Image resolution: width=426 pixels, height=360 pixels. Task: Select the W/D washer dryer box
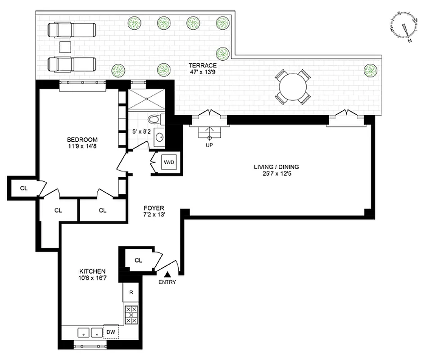pos(169,162)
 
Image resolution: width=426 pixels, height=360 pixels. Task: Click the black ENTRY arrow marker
pos(167,274)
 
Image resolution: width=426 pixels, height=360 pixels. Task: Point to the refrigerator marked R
pos(131,292)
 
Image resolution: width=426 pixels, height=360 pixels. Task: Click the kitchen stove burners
pos(131,315)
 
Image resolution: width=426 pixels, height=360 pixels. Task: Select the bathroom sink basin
pos(159,137)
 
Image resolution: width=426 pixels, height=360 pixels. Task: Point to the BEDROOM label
pos(82,139)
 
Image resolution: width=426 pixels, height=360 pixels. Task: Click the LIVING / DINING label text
pos(276,167)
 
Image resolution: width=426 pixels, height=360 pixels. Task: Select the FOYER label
pos(154,208)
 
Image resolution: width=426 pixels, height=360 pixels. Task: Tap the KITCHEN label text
pos(92,271)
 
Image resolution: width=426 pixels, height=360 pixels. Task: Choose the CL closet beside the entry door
pos(138,260)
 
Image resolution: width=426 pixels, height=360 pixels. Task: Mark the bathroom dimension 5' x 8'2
pos(140,132)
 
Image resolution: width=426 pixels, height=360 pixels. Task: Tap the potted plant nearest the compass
pos(370,70)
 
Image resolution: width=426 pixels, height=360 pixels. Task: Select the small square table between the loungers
pos(66,46)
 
